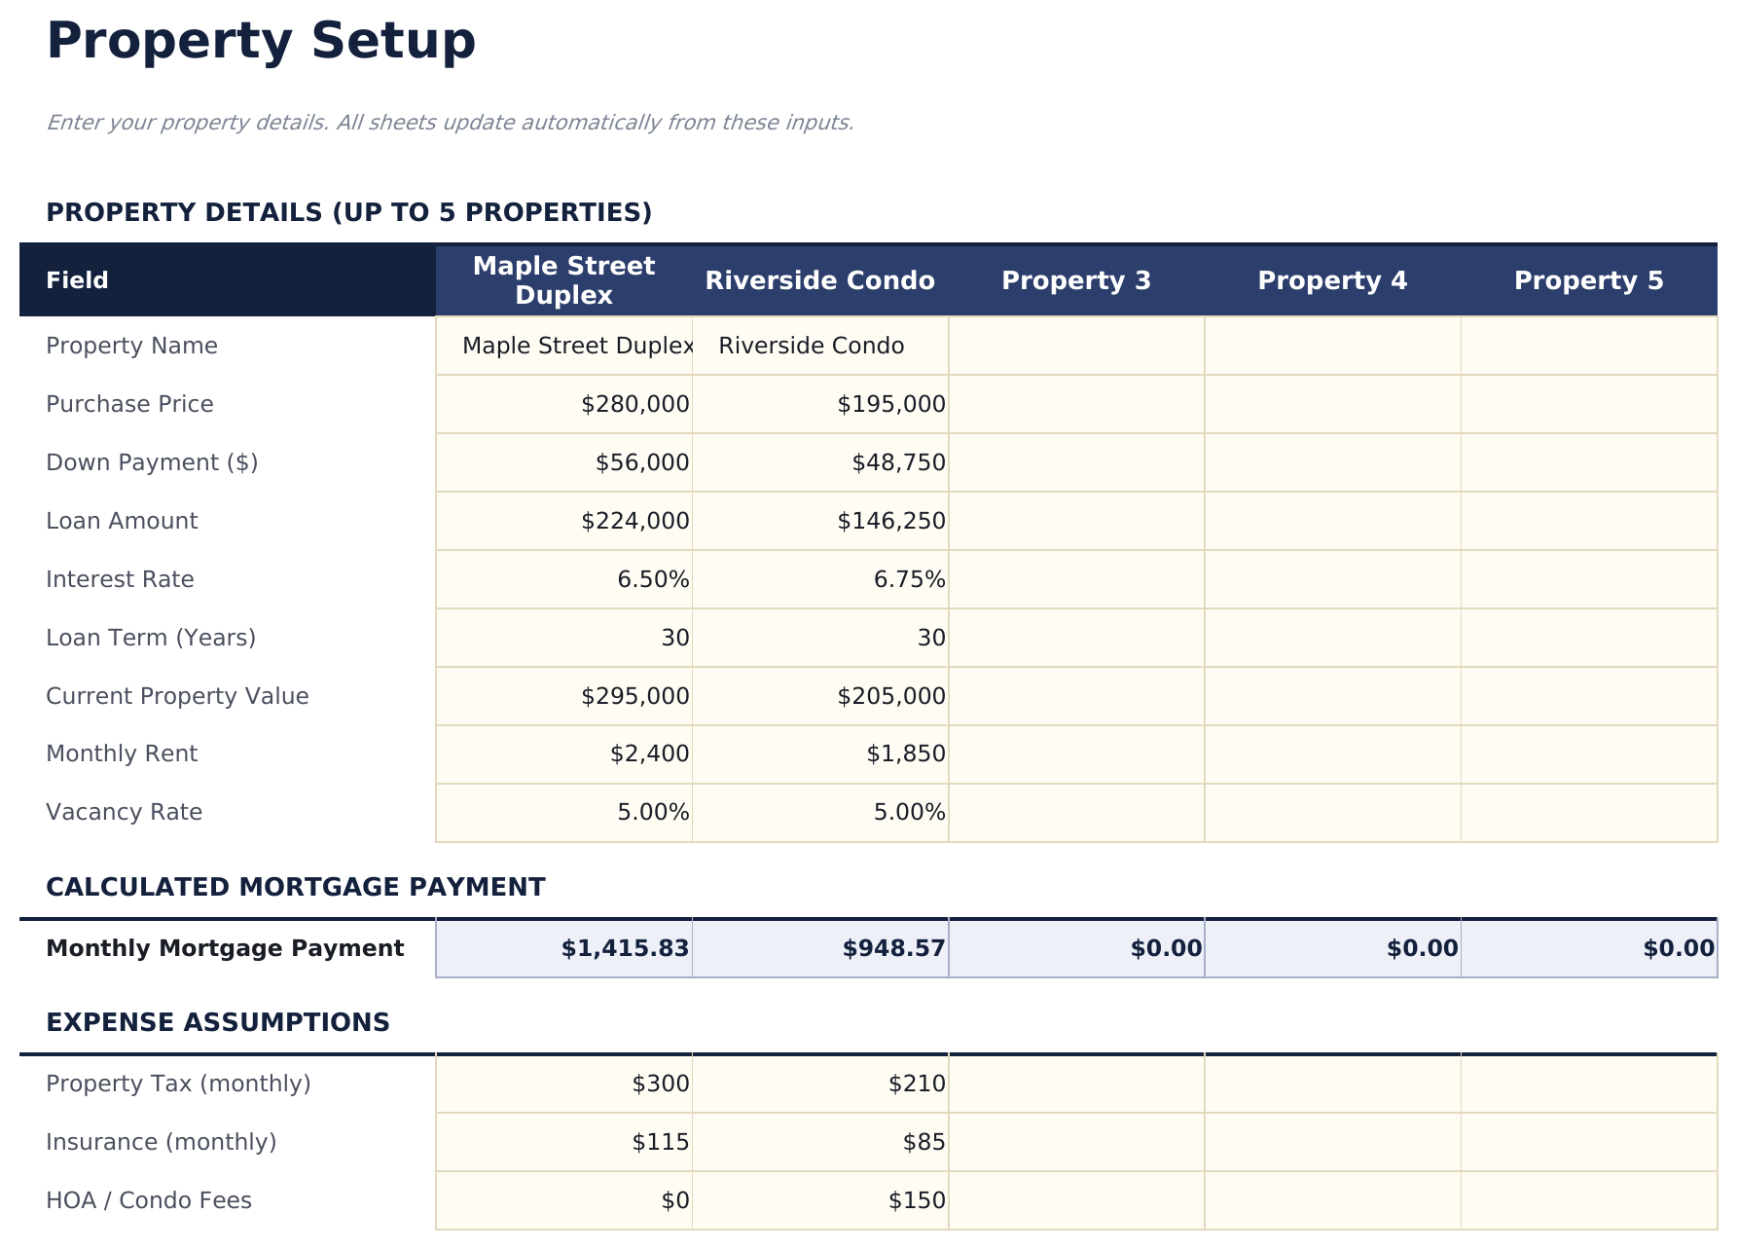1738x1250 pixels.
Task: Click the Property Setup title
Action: click(x=261, y=42)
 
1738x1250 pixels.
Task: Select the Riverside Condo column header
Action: click(x=819, y=281)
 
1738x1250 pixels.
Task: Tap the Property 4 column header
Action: click(x=1331, y=281)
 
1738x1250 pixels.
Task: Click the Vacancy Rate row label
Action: click(x=124, y=812)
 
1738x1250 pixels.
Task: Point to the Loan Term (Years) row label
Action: click(x=151, y=638)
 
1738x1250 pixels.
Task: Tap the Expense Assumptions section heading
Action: click(x=217, y=1022)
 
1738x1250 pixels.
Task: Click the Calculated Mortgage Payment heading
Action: click(x=295, y=887)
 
